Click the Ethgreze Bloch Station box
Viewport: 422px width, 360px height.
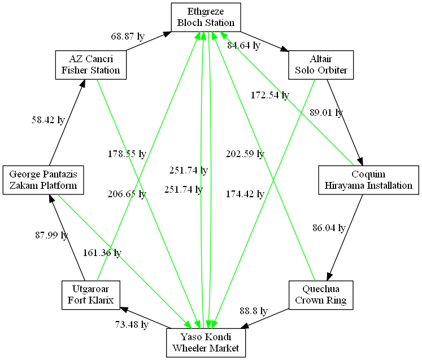(206, 17)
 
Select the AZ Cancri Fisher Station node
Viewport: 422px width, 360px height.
(90, 65)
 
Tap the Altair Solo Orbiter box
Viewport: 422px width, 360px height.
(321, 65)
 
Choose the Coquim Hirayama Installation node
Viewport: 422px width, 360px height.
(368, 180)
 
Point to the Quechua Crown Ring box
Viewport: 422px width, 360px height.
(321, 295)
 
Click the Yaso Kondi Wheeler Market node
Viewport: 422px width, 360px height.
(206, 342)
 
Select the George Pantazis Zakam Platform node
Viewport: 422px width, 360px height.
(43, 180)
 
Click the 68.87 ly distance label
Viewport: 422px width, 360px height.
(128, 36)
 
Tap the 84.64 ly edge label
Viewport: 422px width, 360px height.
(243, 45)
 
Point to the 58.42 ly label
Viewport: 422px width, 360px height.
(48, 120)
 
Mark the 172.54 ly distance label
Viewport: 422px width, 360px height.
(270, 95)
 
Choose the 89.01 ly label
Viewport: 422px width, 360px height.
(327, 112)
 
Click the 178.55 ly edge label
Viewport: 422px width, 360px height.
(127, 154)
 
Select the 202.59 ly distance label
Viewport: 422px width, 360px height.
(245, 154)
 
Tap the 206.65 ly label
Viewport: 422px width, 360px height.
(127, 194)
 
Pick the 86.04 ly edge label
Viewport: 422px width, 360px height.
(329, 228)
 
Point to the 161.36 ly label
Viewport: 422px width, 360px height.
(102, 253)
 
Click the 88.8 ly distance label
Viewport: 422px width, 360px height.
(253, 311)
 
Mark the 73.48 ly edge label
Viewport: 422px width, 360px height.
(131, 324)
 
